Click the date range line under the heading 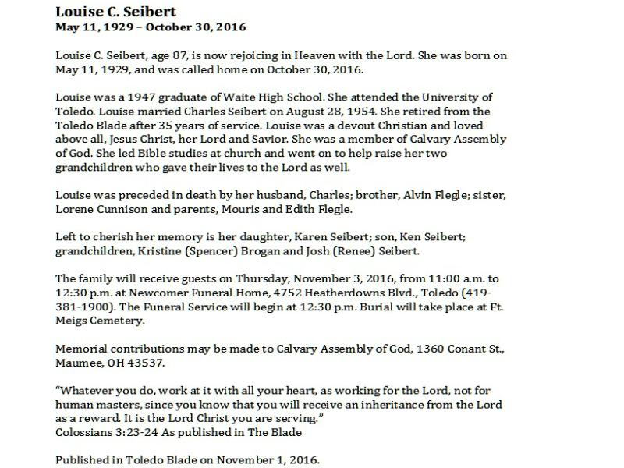pyautogui.click(x=151, y=27)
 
